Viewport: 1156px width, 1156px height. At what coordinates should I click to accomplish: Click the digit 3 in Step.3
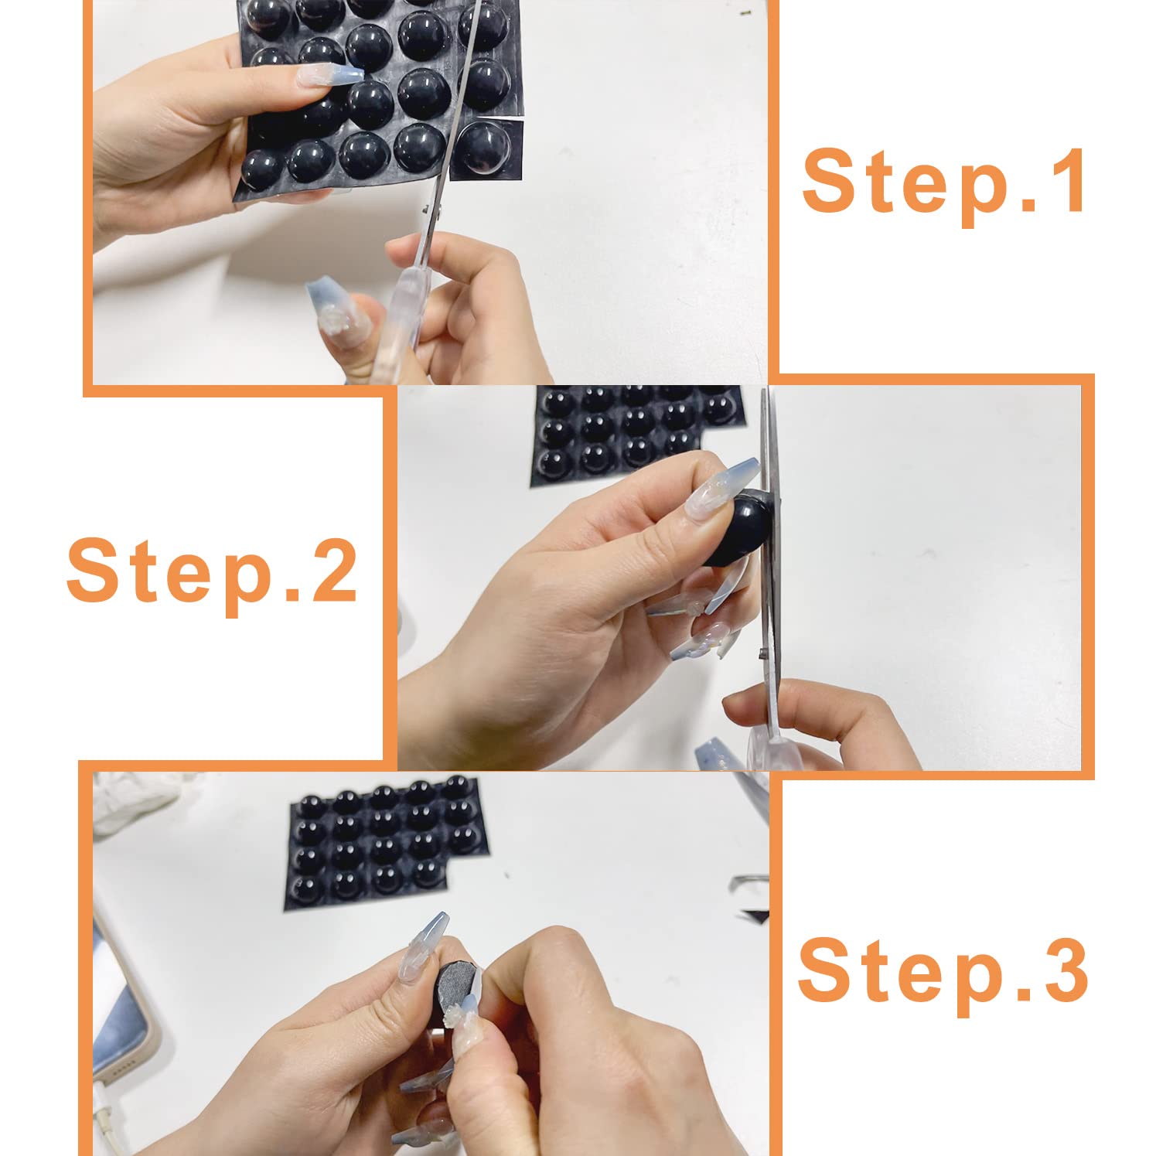coord(1062,968)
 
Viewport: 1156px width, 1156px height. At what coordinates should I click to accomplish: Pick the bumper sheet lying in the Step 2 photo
coord(638,433)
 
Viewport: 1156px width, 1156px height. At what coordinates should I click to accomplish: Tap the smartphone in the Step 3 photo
coord(124,1005)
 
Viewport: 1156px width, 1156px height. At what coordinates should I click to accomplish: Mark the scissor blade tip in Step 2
coord(765,391)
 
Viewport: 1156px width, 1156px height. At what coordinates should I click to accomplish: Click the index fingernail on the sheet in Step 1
coord(325,79)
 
